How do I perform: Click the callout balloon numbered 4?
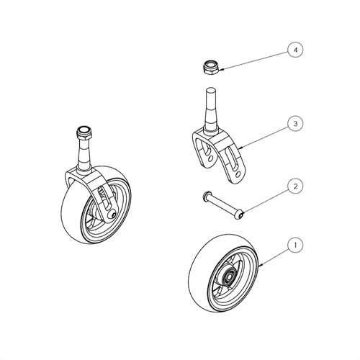(295, 50)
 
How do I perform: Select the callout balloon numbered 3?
(295, 124)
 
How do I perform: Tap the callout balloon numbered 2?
(295, 186)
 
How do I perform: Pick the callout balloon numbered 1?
(295, 246)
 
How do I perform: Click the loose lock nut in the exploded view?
(211, 68)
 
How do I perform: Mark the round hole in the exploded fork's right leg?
(238, 174)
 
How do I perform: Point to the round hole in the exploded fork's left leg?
(210, 159)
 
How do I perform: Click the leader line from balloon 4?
(256, 60)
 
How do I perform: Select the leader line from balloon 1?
(274, 256)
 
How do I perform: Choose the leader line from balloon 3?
(265, 137)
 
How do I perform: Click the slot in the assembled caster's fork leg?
(104, 197)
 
